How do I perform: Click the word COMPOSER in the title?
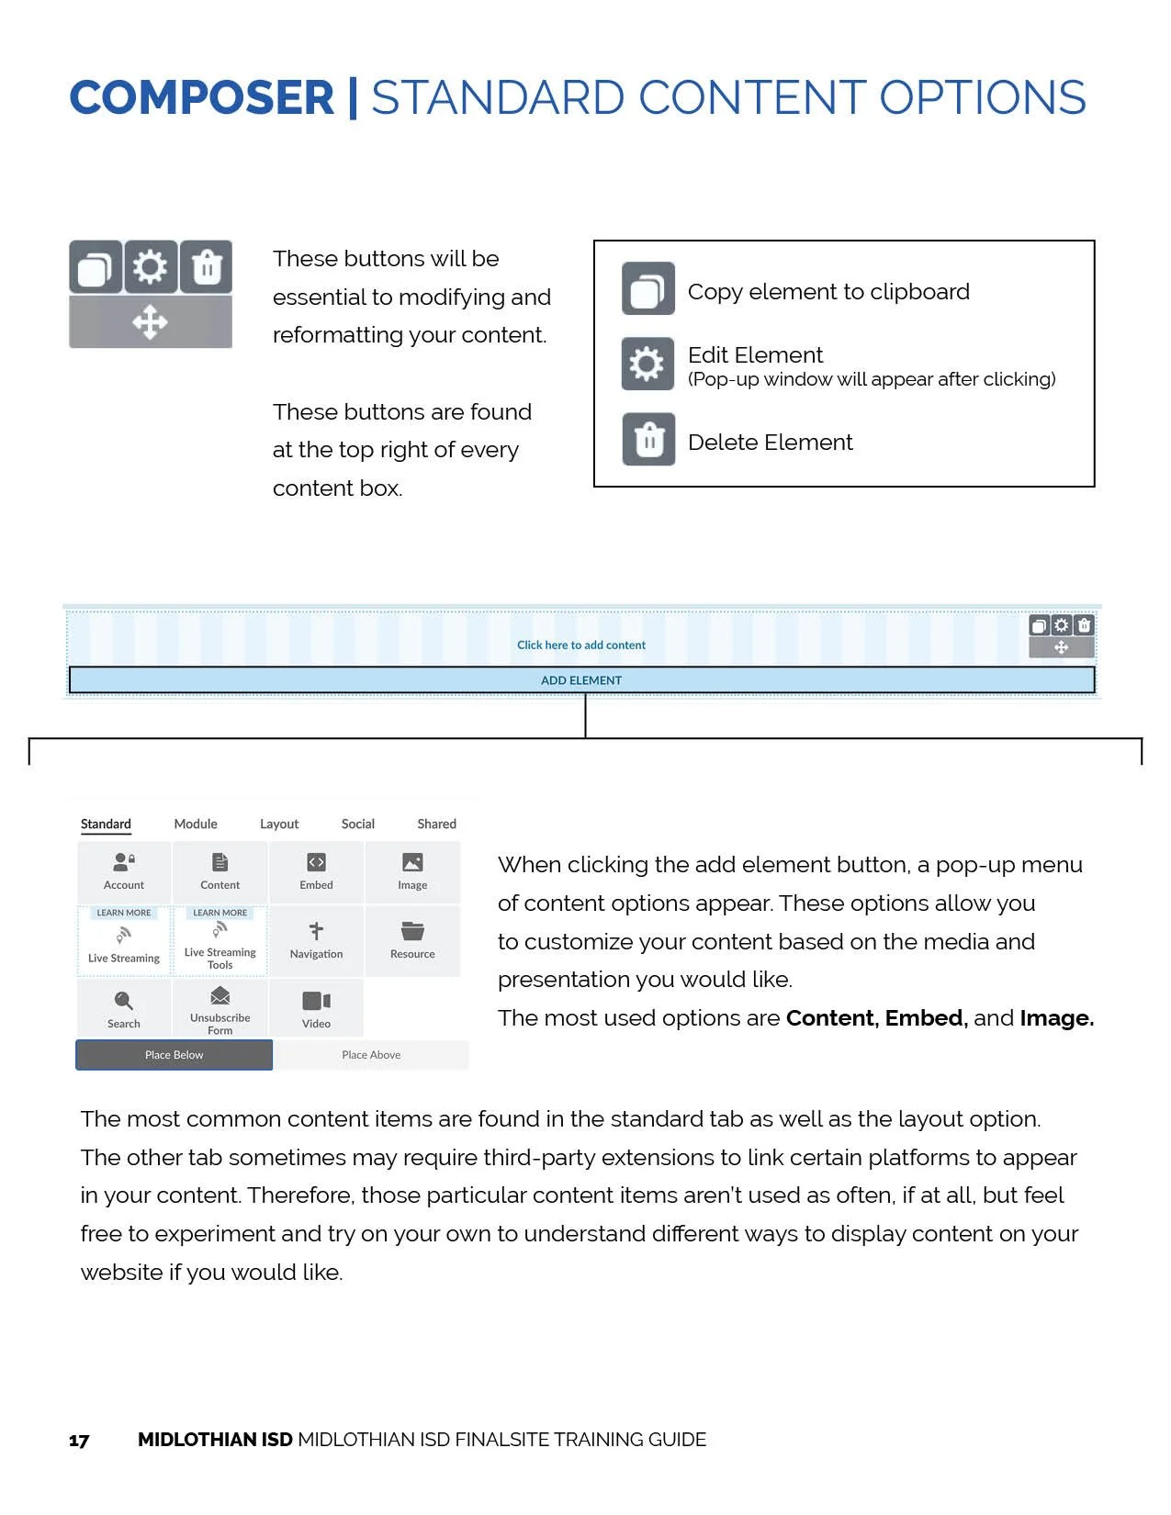(x=201, y=98)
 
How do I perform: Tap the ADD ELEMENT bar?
(x=581, y=680)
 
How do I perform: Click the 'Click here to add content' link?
(x=581, y=645)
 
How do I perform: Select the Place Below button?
(x=174, y=1055)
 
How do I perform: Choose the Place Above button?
(x=371, y=1055)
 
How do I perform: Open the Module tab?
(x=196, y=824)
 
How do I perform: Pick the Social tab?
(x=357, y=824)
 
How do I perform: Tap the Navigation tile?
(x=316, y=940)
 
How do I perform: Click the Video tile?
(x=316, y=1008)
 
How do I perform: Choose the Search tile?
(x=124, y=1008)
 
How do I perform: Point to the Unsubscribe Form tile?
(x=220, y=1008)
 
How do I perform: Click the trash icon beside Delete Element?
(x=648, y=440)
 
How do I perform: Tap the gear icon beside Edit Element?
(x=648, y=364)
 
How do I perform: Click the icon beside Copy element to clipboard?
(x=648, y=289)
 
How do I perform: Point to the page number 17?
(x=79, y=1441)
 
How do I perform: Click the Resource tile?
(x=412, y=940)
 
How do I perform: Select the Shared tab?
(x=436, y=824)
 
